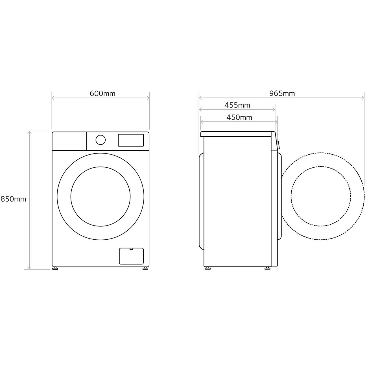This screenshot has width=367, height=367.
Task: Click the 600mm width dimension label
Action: pos(102,93)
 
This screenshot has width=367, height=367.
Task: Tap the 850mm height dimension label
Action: pos(13,199)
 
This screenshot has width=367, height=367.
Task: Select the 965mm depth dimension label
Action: pos(282,93)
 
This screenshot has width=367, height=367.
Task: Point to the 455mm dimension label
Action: pos(237,105)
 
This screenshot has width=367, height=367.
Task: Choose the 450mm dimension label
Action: pos(239,117)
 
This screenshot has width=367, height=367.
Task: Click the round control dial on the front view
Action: pos(101,140)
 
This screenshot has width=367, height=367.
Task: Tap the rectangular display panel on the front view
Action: pos(131,140)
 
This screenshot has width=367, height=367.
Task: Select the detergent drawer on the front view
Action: pos(69,141)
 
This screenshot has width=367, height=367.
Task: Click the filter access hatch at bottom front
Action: pos(131,256)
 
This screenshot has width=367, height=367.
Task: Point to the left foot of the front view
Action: pos(55,268)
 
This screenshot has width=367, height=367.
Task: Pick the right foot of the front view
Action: pos(145,268)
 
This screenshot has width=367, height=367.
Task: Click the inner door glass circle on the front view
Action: pos(101,196)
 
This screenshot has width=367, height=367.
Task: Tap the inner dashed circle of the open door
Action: pos(321,196)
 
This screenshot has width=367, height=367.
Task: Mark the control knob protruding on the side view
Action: pos(278,145)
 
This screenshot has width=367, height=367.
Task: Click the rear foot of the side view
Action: pos(207,268)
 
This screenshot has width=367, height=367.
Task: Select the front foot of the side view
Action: pos(267,268)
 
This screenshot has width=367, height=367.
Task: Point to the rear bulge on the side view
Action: pos(201,201)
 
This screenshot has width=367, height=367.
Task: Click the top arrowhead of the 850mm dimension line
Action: pos(29,132)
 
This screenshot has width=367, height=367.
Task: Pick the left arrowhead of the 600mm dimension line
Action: pos(53,98)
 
